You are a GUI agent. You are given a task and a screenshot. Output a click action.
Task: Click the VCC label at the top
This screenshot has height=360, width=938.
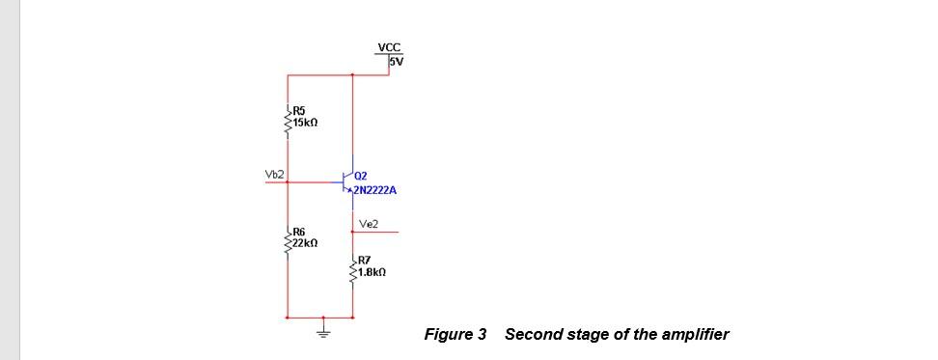tap(389, 46)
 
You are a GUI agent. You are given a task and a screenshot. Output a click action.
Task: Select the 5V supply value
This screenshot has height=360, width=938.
tap(396, 61)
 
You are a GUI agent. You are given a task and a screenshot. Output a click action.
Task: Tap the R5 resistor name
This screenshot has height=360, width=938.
tap(299, 112)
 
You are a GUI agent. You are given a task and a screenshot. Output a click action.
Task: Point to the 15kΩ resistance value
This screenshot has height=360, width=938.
tap(306, 124)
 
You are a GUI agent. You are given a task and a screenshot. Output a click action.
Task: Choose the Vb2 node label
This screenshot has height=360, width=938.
tap(274, 174)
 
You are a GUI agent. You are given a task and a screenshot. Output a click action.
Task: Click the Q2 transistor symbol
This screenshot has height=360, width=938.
tap(348, 180)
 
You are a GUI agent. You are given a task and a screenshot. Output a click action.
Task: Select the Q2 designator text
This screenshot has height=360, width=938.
tap(361, 176)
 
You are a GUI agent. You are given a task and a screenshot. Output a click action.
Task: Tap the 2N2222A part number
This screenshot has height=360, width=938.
tap(374, 190)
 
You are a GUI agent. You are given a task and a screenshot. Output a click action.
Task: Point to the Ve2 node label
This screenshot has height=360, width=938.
tap(368, 224)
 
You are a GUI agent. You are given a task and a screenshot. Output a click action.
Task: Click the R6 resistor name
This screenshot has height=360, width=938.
tap(299, 233)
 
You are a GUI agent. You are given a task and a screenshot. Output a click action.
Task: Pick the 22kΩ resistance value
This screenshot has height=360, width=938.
tap(306, 244)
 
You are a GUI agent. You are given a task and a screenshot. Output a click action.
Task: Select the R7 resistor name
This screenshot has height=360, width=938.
tap(364, 261)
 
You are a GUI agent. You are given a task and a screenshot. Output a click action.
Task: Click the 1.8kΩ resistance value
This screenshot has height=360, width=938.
tap(372, 272)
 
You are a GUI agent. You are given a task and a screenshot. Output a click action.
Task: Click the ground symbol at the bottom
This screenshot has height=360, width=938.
tap(324, 330)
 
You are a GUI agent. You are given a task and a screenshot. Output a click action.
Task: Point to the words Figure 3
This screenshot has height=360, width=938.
tap(455, 335)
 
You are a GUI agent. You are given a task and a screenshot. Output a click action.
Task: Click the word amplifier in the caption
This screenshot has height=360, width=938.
tap(695, 335)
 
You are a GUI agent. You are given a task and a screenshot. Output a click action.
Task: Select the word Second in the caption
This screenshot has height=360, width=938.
tap(529, 335)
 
